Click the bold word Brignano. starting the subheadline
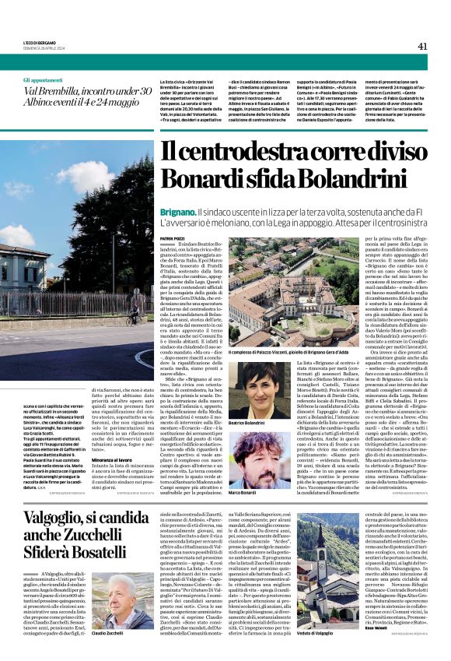[x=178, y=212]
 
